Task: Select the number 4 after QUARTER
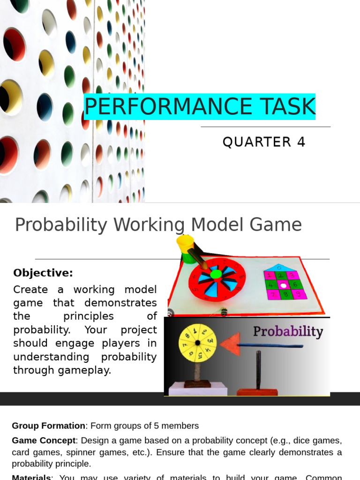pyautogui.click(x=301, y=142)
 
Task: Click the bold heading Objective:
pyautogui.click(x=43, y=273)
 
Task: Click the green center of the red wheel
pyautogui.click(x=216, y=274)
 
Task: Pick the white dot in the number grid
pyautogui.click(x=283, y=285)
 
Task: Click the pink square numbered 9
pyautogui.click(x=299, y=294)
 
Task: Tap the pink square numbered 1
pyautogui.click(x=269, y=276)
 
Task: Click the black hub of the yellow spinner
pyautogui.click(x=198, y=343)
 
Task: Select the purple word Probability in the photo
pyautogui.click(x=288, y=331)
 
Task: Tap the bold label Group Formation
pyautogui.click(x=48, y=426)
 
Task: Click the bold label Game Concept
pyautogui.click(x=44, y=441)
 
